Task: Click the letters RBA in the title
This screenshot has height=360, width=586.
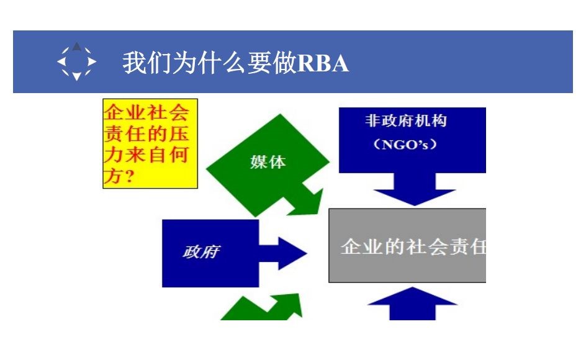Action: click(x=323, y=63)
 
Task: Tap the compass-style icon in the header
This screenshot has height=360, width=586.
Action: click(x=76, y=61)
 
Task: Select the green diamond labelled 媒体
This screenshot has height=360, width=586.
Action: click(x=268, y=165)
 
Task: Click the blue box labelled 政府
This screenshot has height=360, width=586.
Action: click(x=210, y=253)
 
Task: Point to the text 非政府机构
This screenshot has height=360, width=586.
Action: click(x=406, y=121)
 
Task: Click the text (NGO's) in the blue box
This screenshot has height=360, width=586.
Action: click(x=405, y=144)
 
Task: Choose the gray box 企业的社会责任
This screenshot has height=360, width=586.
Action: click(x=407, y=245)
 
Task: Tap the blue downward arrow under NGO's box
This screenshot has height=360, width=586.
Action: click(x=415, y=189)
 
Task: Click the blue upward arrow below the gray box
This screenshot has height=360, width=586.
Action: click(x=413, y=303)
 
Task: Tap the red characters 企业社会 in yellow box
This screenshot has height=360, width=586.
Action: click(x=146, y=112)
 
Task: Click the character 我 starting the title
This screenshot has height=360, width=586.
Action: click(x=134, y=63)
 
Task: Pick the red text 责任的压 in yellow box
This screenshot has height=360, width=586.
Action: click(x=146, y=133)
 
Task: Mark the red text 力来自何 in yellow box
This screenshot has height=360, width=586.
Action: click(x=146, y=155)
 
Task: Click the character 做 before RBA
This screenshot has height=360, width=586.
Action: click(x=284, y=63)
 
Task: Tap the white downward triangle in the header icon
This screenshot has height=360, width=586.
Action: click(x=76, y=76)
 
